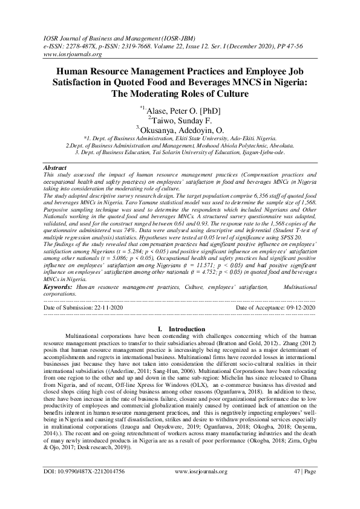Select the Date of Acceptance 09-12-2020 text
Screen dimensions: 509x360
point(275,308)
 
